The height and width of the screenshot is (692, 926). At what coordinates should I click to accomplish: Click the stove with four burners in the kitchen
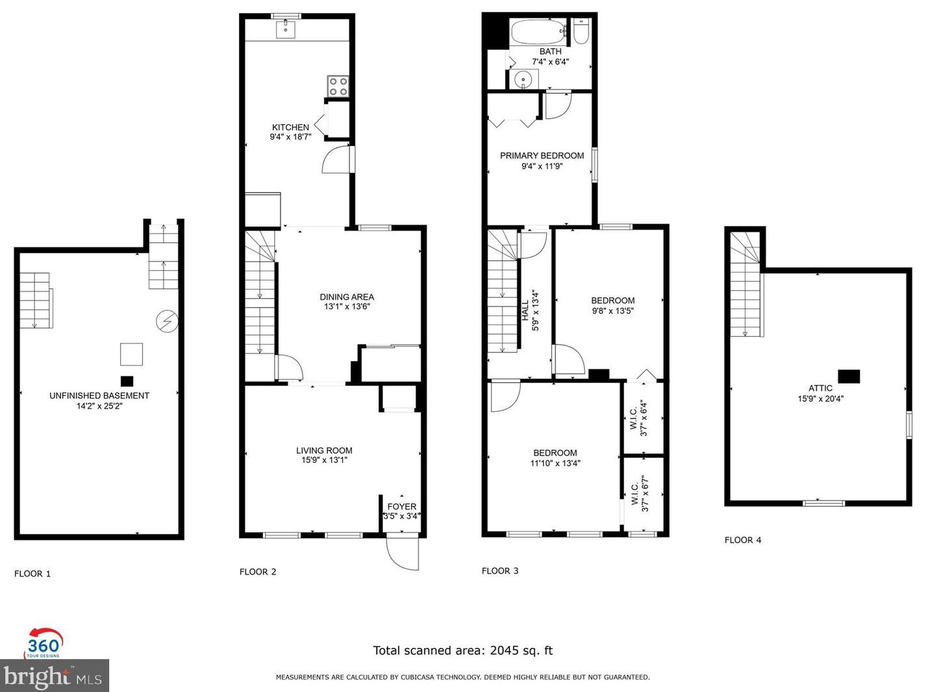(338, 87)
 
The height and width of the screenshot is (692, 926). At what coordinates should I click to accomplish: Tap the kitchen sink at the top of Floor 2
(286, 29)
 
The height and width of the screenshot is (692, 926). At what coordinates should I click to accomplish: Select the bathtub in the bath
(538, 32)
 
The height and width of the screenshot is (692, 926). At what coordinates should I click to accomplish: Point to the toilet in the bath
(581, 31)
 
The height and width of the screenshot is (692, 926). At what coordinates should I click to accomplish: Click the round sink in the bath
(523, 79)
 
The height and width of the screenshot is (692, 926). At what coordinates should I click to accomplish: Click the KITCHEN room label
(290, 127)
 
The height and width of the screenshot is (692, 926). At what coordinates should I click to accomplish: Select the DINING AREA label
(347, 297)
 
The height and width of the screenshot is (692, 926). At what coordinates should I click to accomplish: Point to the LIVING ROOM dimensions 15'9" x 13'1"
(324, 460)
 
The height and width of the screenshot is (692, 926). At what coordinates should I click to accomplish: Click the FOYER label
(401, 506)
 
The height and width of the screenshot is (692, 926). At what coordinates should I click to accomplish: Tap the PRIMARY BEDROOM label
(542, 156)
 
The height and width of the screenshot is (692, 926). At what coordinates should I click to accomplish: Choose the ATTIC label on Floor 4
(820, 388)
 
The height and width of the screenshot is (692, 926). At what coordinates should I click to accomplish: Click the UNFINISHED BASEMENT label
(99, 395)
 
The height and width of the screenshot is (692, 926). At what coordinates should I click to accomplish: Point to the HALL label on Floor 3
(525, 310)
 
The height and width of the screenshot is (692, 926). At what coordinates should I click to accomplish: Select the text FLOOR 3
(500, 571)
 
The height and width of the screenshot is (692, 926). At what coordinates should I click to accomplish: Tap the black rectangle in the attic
(849, 376)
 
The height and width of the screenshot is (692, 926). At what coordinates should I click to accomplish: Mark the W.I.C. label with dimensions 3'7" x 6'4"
(639, 417)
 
